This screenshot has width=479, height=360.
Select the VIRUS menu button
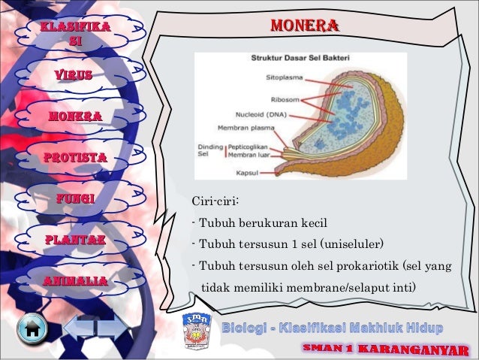click(x=73, y=75)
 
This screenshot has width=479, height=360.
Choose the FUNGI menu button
click(x=74, y=199)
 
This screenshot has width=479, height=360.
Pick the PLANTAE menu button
click(x=74, y=240)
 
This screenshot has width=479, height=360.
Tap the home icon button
click(x=32, y=329)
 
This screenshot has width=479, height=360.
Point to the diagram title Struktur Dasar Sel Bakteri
click(x=298, y=58)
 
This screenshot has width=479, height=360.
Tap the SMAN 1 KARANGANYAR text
click(x=385, y=350)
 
